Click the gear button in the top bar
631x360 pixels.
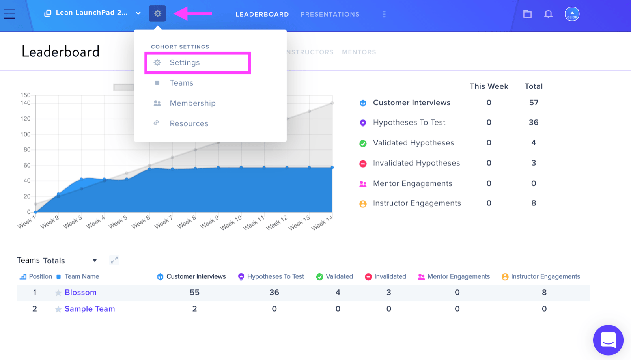point(157,13)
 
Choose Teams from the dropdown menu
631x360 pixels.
point(181,83)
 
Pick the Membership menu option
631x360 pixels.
point(192,103)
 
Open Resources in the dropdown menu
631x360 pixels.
point(189,123)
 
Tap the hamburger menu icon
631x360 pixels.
point(9,14)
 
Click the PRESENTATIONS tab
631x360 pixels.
point(330,14)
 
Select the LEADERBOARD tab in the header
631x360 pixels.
point(262,14)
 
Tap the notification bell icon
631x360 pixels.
point(548,14)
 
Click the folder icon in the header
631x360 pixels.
point(527,14)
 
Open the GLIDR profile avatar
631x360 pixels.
point(572,14)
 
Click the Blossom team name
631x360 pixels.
point(80,293)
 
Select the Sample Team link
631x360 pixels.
point(90,309)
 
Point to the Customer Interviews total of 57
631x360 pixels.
point(534,103)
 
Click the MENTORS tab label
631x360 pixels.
point(359,52)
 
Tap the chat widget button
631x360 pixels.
point(608,340)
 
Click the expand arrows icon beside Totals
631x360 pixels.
point(114,260)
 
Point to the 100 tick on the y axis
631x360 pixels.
point(25,134)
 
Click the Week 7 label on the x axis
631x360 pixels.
point(163,222)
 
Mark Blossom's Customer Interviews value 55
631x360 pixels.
point(194,293)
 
